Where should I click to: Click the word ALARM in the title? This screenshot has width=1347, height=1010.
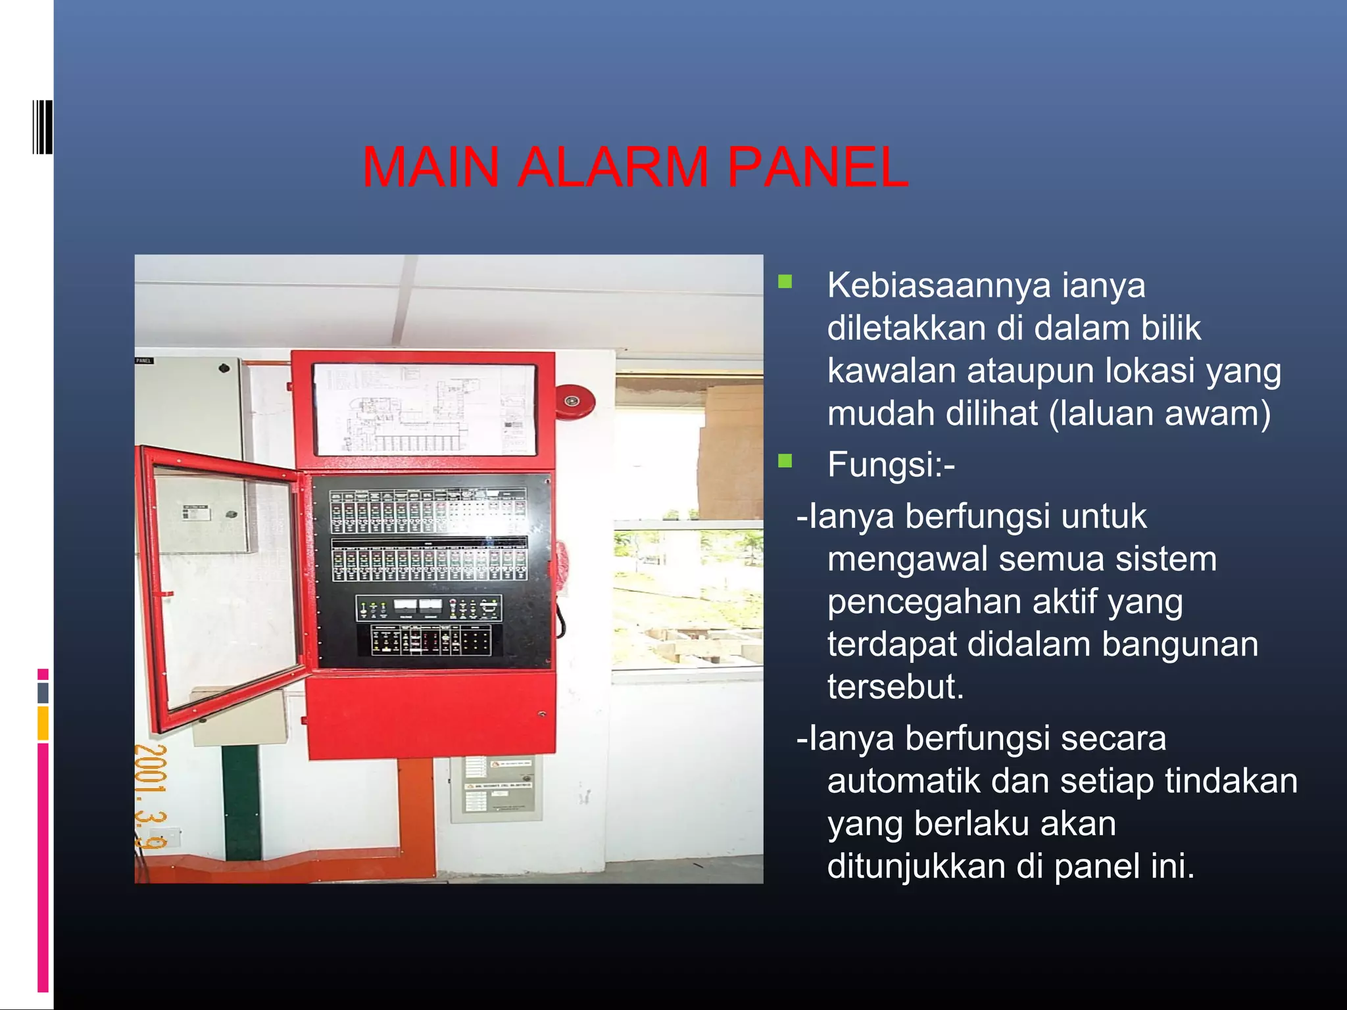[613, 167]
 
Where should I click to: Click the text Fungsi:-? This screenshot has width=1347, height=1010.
[891, 465]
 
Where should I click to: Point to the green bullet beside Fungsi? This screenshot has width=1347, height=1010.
[785, 460]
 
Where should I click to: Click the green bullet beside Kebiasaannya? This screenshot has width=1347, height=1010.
[785, 282]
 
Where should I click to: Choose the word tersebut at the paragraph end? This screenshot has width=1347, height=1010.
[895, 687]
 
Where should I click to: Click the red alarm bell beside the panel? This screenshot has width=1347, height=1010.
[574, 400]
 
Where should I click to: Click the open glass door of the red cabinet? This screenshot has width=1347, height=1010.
[224, 585]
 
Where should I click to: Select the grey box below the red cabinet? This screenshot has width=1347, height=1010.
[497, 788]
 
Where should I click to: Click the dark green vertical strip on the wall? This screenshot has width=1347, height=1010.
[241, 802]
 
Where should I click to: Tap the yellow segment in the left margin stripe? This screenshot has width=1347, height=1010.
[43, 723]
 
